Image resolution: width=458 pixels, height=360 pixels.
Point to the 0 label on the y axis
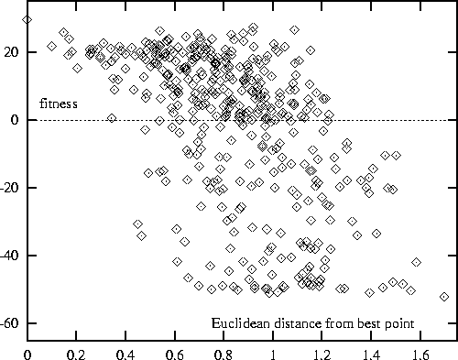17,120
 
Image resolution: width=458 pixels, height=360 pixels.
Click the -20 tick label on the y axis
11,188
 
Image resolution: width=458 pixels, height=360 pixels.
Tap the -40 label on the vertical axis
11,256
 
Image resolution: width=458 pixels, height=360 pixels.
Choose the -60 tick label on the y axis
11,324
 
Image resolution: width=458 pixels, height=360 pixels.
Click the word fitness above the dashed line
58,104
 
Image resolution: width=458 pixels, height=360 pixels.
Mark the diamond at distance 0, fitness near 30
27,19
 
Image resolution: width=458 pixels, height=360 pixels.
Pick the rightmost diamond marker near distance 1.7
444,297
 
